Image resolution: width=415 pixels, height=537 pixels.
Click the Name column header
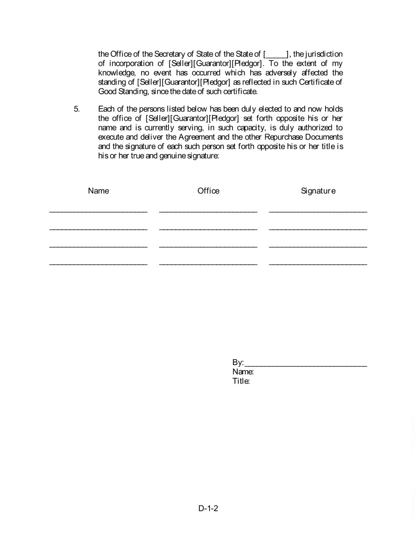pos(98,191)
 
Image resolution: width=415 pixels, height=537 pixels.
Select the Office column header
pos(208,191)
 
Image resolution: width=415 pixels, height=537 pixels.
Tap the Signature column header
pos(318,191)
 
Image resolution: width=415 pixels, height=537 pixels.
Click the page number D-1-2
pos(208,508)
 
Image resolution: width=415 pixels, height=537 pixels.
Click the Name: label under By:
pos(243,372)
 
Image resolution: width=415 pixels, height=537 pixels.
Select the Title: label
pos(241,381)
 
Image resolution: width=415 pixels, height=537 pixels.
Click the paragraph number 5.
pos(77,109)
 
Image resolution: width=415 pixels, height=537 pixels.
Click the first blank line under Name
pos(98,211)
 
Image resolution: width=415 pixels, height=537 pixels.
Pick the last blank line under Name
pos(98,264)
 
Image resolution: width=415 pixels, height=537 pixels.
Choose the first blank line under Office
pos(208,211)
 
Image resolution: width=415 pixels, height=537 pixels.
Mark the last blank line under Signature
pos(318,264)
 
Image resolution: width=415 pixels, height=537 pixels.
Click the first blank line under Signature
pos(318,211)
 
